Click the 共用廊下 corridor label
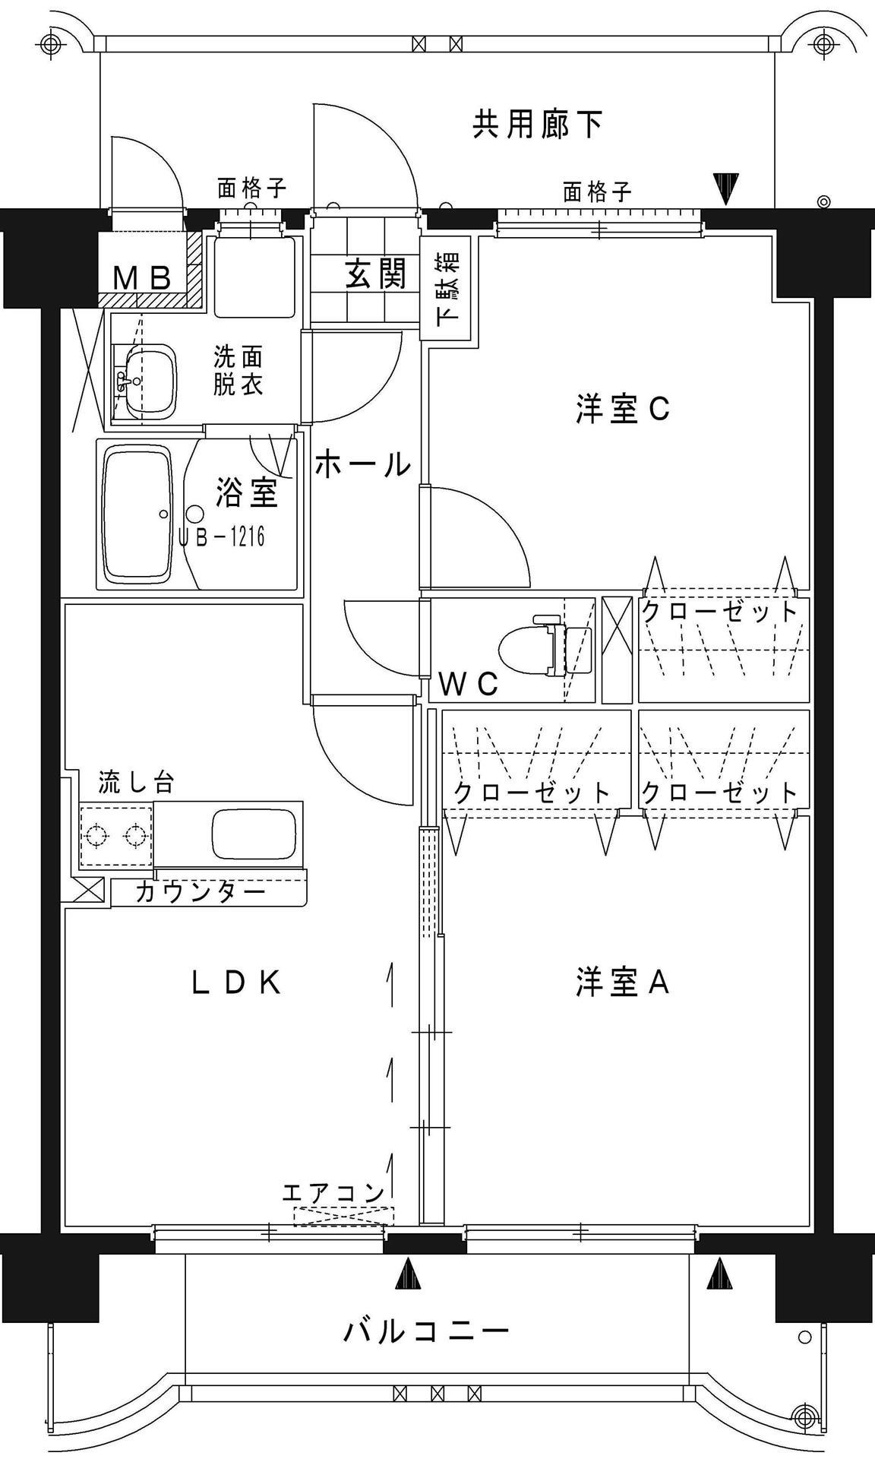point(538,124)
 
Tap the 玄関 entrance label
point(375,274)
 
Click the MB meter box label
point(141,278)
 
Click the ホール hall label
point(362,464)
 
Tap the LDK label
point(236,983)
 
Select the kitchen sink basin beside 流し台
point(253,833)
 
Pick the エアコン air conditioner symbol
point(344,1216)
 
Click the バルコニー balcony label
point(426,1331)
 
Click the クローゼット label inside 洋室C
point(719,611)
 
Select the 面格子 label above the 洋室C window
point(597,191)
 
